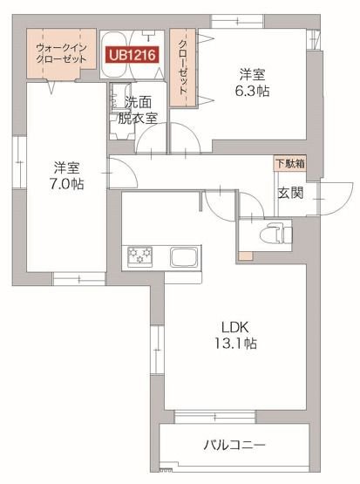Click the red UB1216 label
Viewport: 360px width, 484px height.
132,55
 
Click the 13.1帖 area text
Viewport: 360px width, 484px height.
236,344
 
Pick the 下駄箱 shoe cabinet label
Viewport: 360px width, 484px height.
290,163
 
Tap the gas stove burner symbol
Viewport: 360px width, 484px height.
140,256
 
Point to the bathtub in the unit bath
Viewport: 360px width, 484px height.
131,40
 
